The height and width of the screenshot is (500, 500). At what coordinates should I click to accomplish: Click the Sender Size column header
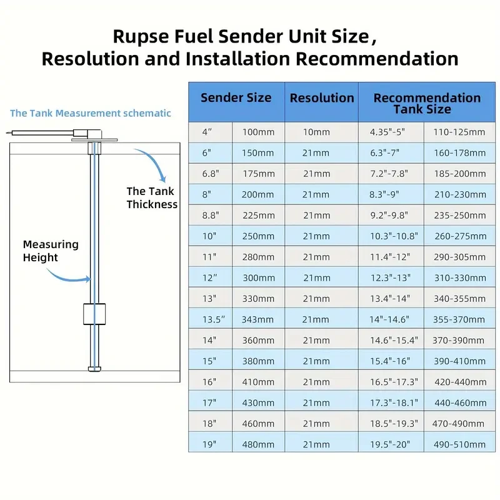pos(236,98)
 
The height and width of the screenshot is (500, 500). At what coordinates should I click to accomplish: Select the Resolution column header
pos(322,98)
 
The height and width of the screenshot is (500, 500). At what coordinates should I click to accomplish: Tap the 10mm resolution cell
pos(316,132)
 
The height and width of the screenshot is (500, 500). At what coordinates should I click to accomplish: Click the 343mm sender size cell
pos(258,319)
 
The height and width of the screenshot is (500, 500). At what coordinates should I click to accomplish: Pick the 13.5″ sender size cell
pos(213,319)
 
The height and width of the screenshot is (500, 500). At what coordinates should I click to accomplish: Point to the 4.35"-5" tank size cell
pos(387,132)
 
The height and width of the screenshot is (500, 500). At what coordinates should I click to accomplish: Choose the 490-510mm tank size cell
pos(459,444)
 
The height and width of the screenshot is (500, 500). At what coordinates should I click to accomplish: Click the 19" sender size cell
pos(210,444)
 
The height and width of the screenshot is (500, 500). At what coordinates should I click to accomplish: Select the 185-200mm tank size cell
pos(459,174)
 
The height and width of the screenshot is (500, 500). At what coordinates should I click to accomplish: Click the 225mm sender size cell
pos(258,216)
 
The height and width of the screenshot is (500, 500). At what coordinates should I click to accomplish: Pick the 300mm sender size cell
pos(258,278)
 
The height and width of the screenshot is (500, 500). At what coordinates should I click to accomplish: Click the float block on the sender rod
pos(93,314)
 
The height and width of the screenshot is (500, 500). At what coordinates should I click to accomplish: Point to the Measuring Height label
pos(51,251)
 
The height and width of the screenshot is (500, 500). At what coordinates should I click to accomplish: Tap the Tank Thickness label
pos(152,198)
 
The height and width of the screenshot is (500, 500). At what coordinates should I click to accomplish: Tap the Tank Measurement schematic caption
pos(91,113)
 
